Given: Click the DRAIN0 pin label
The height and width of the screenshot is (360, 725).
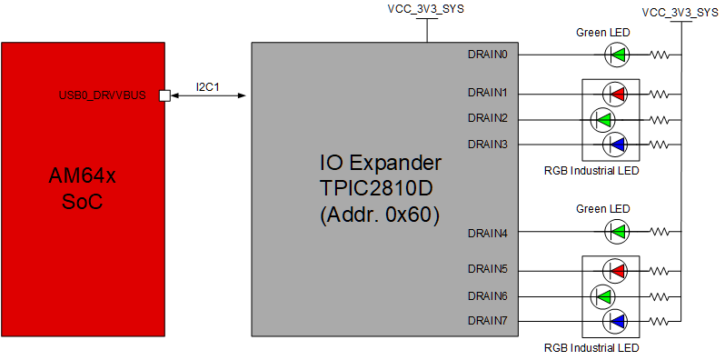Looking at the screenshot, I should tap(487, 55).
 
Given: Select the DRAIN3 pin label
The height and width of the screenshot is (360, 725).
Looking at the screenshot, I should tap(487, 144).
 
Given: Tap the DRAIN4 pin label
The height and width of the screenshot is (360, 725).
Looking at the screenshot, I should tap(487, 233).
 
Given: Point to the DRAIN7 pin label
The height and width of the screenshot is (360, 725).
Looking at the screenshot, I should tap(487, 320).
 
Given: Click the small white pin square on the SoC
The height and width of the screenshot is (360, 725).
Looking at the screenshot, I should tap(164, 95).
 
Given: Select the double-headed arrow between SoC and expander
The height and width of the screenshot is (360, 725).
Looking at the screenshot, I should tap(208, 95).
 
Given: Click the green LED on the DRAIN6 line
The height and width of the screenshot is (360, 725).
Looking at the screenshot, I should tap(602, 295).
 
